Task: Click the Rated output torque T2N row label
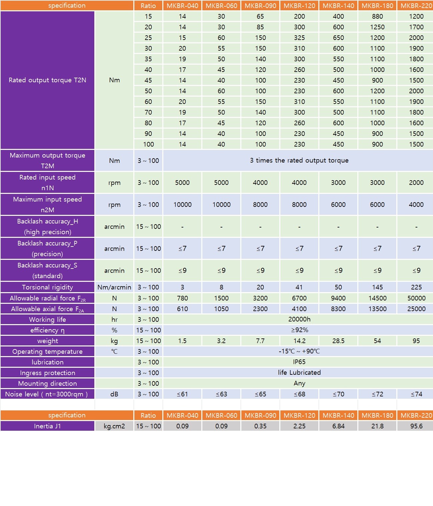tap(47, 80)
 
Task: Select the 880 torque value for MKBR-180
tap(377, 16)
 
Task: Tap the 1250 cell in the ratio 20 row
tap(377, 27)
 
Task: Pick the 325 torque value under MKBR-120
tap(299, 38)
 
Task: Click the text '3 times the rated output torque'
tap(299, 160)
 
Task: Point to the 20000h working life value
tap(299, 319)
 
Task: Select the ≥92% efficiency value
tap(299, 330)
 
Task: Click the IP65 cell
tap(299, 362)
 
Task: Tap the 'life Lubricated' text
tap(299, 372)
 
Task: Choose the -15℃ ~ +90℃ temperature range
tap(299, 351)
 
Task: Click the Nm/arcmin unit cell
tap(114, 287)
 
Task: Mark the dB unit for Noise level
tap(114, 394)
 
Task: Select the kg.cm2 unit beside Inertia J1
tap(114, 426)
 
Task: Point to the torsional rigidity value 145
tap(377, 287)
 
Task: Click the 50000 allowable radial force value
tap(416, 298)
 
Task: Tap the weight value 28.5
tap(338, 341)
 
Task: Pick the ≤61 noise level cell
tap(182, 394)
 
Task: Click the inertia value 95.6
tap(416, 426)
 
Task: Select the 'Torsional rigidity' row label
tap(47, 287)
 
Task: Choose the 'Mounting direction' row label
tap(47, 383)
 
